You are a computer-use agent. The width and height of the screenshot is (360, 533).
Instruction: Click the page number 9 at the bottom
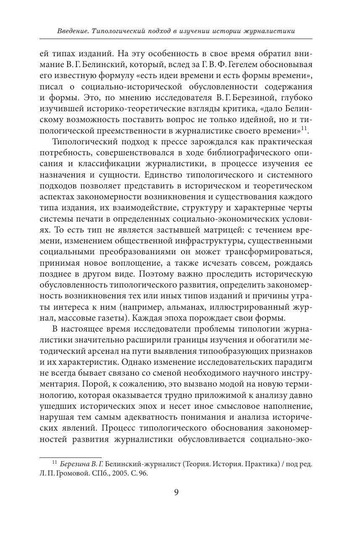point(176,492)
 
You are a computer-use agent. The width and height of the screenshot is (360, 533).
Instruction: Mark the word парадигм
point(294,361)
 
